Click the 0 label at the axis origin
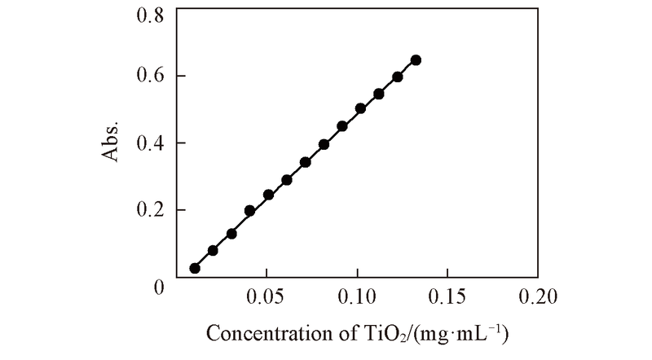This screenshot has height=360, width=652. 160,287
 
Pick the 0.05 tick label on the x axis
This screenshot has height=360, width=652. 267,293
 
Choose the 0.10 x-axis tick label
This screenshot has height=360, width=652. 358,293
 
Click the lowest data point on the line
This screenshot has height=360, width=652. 195,268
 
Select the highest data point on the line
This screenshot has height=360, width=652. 416,60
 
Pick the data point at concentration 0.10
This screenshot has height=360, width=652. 360,108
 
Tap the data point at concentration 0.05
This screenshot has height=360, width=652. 268,195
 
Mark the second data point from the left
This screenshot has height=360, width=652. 213,250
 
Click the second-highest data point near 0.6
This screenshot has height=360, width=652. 397,77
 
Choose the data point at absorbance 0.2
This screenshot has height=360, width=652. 249,211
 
